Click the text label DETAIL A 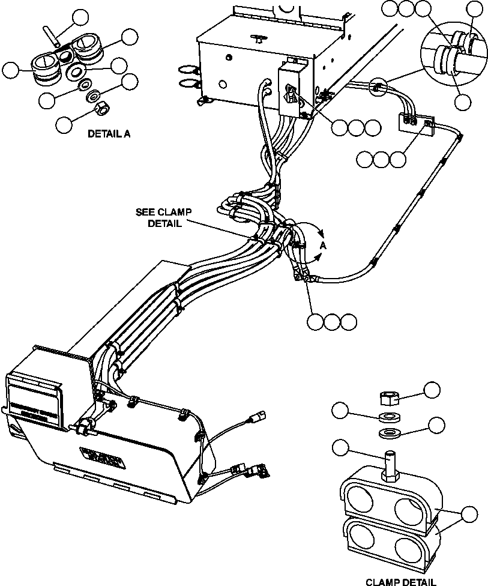pyautogui.click(x=109, y=134)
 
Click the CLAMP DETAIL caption pyautogui.click(x=401, y=581)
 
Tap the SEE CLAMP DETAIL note pyautogui.click(x=160, y=217)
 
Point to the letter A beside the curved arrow pyautogui.click(x=322, y=245)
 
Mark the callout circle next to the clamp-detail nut pyautogui.click(x=432, y=390)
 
